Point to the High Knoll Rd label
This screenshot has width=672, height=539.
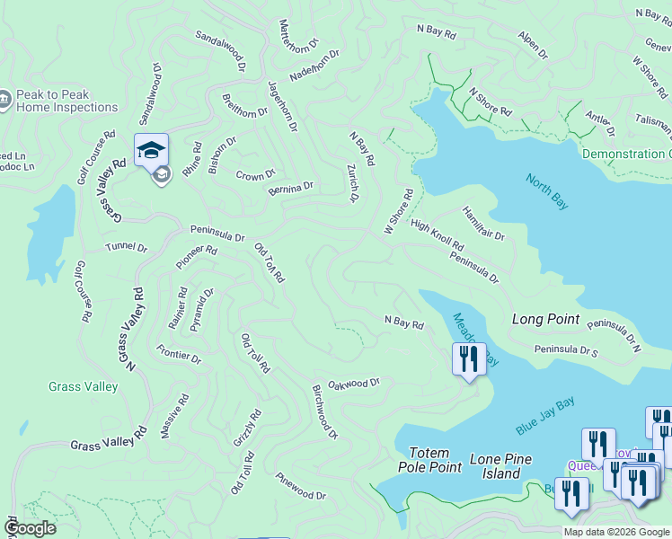(x=437, y=235)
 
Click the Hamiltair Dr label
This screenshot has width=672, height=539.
(x=483, y=222)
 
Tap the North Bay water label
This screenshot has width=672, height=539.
(x=547, y=191)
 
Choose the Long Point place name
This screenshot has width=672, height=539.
(x=545, y=319)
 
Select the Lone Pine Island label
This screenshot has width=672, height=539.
(x=495, y=466)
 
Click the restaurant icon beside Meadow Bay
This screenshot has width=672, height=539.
(x=468, y=359)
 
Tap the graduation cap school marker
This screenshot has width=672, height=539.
(x=152, y=149)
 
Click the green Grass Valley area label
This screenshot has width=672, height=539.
(x=83, y=387)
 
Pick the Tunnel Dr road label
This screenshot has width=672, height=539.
(x=126, y=247)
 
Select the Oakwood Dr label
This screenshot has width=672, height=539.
(x=354, y=383)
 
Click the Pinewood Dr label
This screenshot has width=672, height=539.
(x=301, y=486)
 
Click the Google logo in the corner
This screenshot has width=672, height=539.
(x=31, y=528)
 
